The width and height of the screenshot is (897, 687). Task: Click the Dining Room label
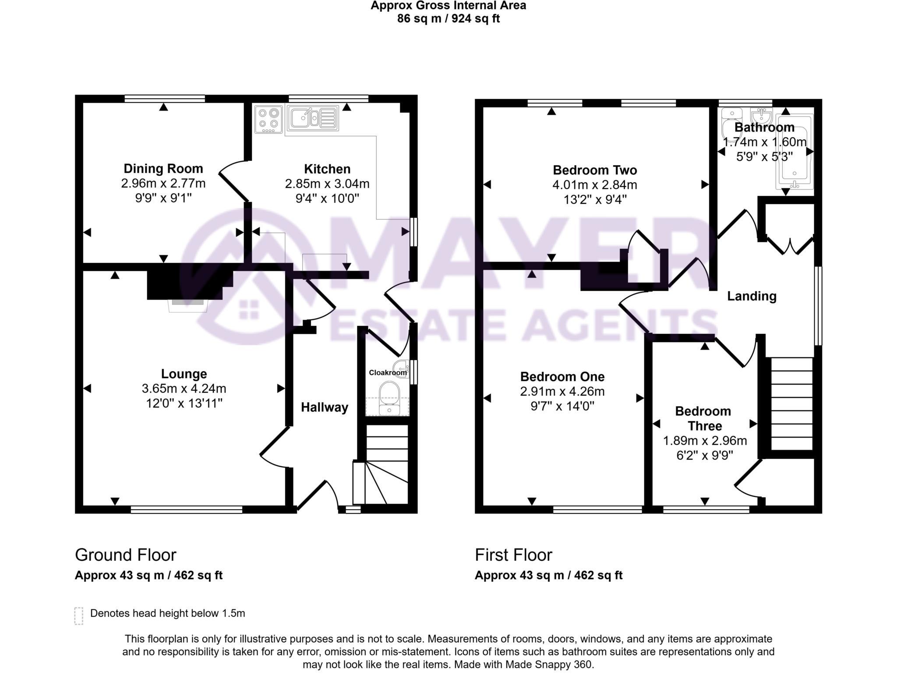(x=163, y=169)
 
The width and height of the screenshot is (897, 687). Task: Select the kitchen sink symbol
(x=312, y=118)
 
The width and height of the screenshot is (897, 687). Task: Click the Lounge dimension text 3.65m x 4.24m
(x=184, y=389)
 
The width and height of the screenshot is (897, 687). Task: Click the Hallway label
(x=324, y=407)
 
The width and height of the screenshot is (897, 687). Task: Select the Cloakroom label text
(x=388, y=373)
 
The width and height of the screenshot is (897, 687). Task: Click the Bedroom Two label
(x=595, y=170)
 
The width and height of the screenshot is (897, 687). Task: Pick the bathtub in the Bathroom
(x=795, y=151)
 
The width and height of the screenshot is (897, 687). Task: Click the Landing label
(x=752, y=296)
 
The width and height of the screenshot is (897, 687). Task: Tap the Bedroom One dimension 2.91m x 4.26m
(x=562, y=391)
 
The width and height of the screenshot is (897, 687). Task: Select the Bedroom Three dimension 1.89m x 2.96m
(x=705, y=441)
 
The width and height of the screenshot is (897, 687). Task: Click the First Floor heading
(x=513, y=555)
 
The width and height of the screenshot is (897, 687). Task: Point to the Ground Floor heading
(x=125, y=555)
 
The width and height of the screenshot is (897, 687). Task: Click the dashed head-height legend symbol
(x=79, y=616)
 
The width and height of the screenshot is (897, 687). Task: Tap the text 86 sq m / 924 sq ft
(x=448, y=19)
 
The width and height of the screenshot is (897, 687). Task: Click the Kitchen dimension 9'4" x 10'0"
(x=327, y=198)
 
